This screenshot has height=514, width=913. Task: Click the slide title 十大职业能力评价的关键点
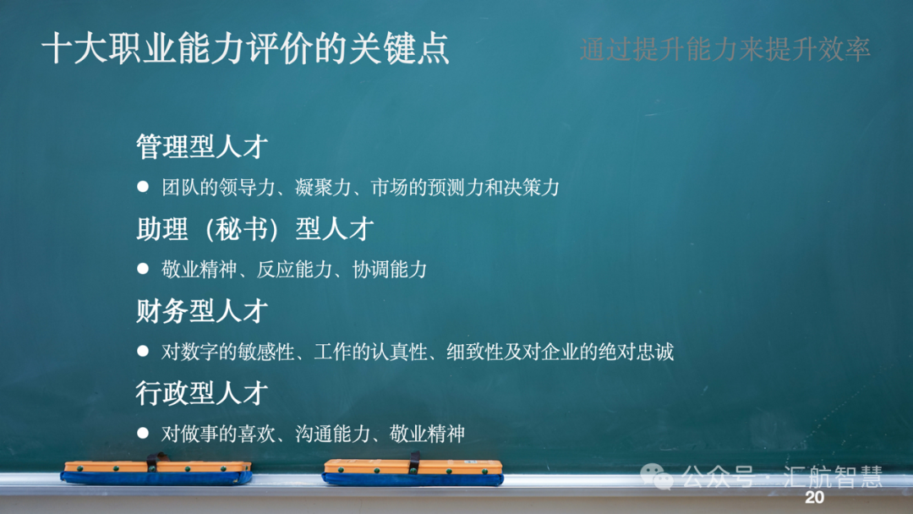click(x=246, y=47)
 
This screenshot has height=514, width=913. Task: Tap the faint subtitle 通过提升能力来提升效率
click(x=725, y=49)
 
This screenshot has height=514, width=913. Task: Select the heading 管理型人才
click(x=202, y=146)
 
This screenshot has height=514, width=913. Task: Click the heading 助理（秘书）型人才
click(x=255, y=229)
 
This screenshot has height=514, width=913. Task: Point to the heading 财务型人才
click(x=202, y=311)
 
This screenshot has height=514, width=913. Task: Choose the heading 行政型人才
click(x=202, y=393)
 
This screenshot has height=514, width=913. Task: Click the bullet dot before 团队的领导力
click(x=143, y=186)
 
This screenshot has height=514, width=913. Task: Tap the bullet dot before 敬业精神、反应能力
click(x=143, y=268)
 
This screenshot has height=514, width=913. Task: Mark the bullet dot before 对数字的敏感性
click(x=143, y=351)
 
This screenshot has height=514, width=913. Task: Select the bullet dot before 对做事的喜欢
click(x=143, y=433)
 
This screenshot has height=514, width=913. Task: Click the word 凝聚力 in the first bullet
click(x=323, y=188)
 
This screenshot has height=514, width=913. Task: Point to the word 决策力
click(x=532, y=188)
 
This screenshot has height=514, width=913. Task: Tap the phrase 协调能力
click(x=390, y=270)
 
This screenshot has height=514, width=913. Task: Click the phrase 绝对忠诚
click(x=637, y=352)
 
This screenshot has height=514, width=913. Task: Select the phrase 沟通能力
click(x=332, y=434)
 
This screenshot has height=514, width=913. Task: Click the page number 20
click(x=815, y=497)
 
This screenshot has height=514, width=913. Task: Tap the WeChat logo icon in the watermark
click(x=657, y=477)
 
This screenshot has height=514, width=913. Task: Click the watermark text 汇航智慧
click(x=834, y=477)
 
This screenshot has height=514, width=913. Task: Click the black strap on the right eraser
click(x=414, y=462)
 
